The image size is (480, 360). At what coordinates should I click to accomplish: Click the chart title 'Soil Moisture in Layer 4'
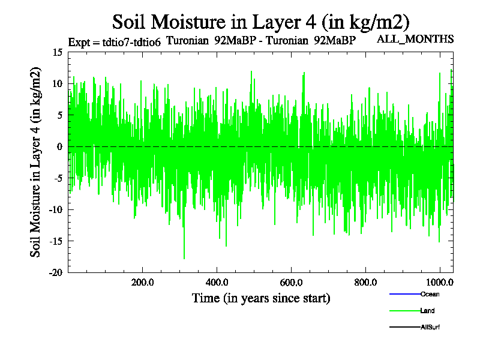261,22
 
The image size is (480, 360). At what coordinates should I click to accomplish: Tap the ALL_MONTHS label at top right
415,39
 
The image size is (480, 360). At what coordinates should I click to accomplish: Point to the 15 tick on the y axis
58,52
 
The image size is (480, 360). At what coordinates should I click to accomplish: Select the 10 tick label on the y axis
58,83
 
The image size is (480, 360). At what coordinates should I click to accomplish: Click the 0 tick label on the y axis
60,146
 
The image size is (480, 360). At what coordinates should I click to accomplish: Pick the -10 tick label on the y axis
56,209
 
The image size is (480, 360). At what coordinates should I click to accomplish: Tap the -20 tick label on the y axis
56,272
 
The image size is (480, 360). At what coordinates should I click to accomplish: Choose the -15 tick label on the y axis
56,241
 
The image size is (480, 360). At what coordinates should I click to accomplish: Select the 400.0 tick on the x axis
217,283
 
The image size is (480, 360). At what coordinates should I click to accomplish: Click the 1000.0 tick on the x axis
439,283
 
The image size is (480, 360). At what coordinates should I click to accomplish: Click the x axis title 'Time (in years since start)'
261,298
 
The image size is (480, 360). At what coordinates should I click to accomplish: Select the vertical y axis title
37,162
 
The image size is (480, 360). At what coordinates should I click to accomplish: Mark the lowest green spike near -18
184,257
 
